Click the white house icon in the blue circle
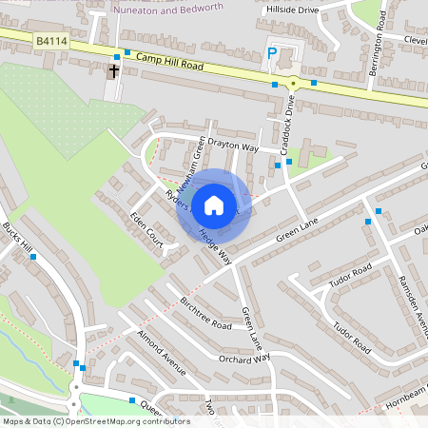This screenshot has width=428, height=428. click(214, 204)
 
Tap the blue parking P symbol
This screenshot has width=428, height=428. click(272, 54)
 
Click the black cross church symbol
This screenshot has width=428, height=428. click(114, 71)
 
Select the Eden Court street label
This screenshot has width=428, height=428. click(147, 231)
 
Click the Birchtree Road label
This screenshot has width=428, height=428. click(205, 312)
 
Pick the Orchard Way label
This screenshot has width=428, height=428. click(244, 359)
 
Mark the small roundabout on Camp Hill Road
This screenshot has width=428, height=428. click(294, 84)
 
